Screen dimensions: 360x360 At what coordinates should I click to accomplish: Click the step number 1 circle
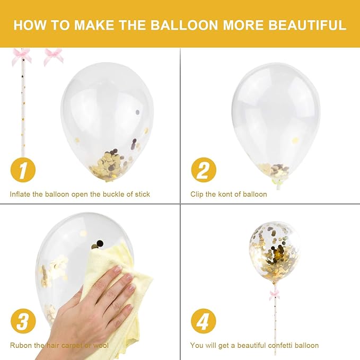pos(23,170)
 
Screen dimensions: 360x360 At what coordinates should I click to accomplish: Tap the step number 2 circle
pos(204,170)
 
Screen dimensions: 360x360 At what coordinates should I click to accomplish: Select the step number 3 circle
pos(23,321)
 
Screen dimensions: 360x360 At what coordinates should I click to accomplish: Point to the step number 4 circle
pos(204,321)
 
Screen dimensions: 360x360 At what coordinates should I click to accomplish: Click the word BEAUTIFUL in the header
pos(307,25)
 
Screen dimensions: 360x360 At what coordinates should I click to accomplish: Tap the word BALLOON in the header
pos(184,25)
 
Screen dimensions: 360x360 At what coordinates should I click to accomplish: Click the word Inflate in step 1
pos(20,194)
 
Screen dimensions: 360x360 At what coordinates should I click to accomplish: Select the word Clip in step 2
pos(197,195)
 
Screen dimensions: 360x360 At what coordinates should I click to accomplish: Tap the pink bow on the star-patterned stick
pos(22,56)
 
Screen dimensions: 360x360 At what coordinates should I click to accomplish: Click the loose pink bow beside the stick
pos(53,57)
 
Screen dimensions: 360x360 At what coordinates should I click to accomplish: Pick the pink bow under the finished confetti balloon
pos(275,294)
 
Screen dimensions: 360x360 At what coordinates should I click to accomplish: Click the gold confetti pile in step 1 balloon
pos(108,164)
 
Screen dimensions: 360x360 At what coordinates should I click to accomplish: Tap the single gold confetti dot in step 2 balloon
pos(295,140)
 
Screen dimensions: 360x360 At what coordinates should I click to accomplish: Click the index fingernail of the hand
pos(118,269)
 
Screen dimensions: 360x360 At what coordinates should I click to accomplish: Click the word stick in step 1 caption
pos(142,194)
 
